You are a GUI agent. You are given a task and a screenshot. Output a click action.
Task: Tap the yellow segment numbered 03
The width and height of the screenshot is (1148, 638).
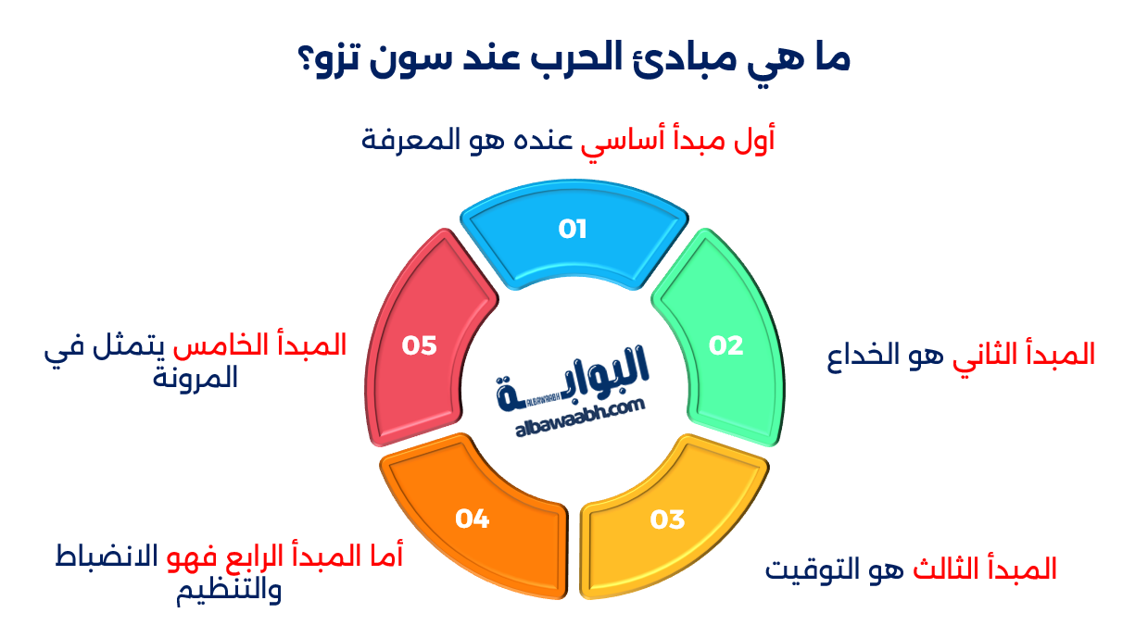pos(667,519)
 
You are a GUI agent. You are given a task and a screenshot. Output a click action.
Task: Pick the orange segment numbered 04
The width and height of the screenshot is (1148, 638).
pos(473,519)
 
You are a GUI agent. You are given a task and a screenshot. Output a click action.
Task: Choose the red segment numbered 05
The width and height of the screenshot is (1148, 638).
pos(419,345)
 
